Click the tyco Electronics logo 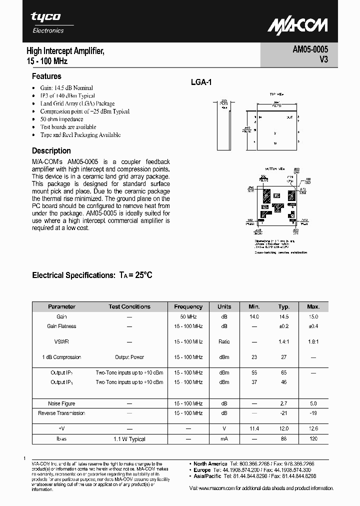(47, 22)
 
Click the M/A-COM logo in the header (297, 25)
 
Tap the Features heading (46, 76)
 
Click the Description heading (51, 150)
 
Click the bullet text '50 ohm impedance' (61, 119)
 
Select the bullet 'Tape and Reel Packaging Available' (80, 135)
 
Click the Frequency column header (188, 306)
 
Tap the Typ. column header (284, 306)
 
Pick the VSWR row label (61, 341)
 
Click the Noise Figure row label (61, 403)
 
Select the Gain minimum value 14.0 (254, 316)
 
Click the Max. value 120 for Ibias (313, 438)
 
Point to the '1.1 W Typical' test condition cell (129, 438)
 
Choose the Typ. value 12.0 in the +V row (284, 428)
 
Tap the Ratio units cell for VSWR (224, 341)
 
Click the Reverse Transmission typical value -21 (284, 413)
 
